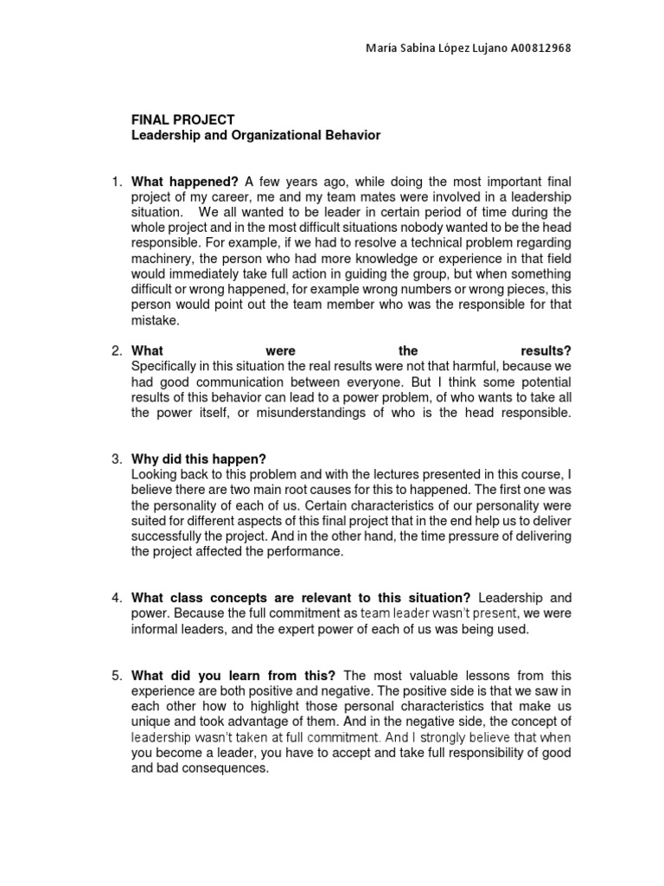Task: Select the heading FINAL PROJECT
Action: [x=182, y=119]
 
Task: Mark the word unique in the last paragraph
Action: [x=150, y=721]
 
